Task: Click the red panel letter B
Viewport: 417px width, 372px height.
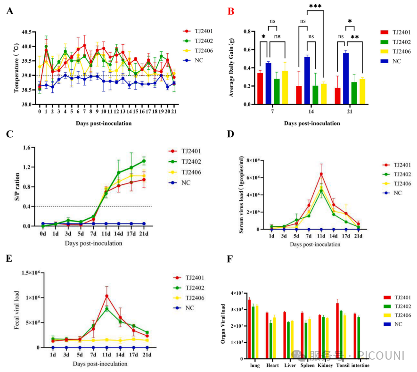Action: point(231,10)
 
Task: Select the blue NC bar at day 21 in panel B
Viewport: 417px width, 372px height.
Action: point(346,78)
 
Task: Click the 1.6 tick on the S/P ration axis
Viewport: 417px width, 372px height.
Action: point(27,148)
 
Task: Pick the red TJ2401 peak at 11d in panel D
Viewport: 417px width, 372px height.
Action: point(321,174)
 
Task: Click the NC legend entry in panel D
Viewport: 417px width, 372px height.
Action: point(397,193)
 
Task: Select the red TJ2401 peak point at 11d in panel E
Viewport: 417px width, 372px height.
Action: point(107,296)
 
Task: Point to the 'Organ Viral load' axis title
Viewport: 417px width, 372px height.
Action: point(224,326)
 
